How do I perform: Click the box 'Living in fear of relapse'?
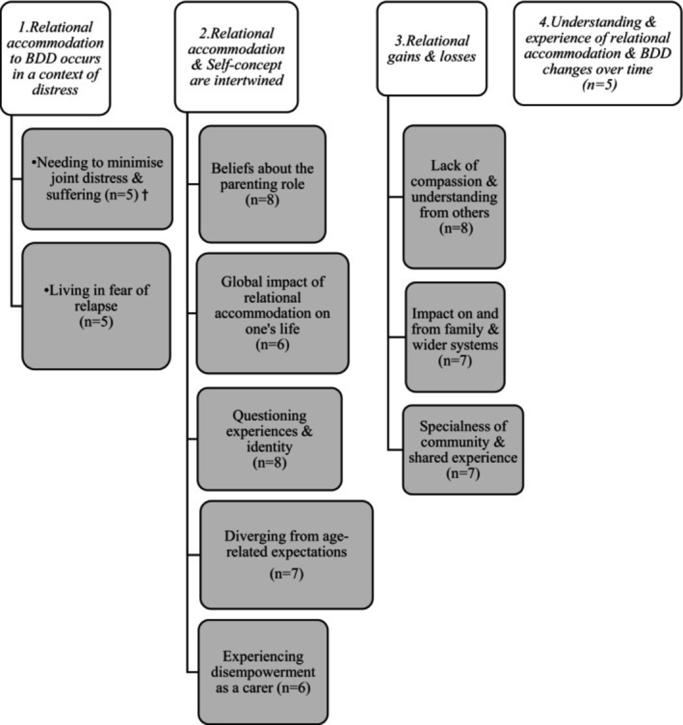96,306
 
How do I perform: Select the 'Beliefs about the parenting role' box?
262,184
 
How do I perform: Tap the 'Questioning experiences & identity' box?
269,439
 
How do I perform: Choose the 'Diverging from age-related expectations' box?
287,555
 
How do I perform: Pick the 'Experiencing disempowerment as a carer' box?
263,672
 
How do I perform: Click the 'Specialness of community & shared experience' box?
463,449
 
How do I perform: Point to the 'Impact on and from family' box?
455,337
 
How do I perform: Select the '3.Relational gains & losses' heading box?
432,49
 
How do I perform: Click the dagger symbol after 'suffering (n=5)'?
145,195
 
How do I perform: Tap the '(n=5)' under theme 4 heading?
599,85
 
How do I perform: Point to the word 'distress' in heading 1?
55,90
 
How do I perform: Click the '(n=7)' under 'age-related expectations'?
286,574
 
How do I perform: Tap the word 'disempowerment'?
263,672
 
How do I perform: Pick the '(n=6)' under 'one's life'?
272,345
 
